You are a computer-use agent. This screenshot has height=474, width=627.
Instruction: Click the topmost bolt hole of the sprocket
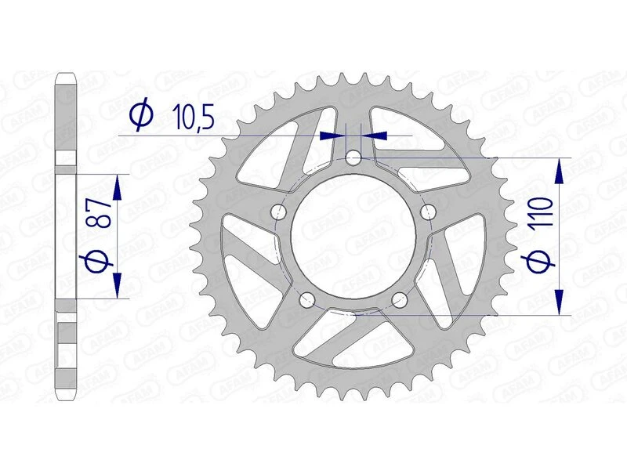[x=353, y=158]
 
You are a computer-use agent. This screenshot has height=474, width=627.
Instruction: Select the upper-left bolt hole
[x=277, y=212]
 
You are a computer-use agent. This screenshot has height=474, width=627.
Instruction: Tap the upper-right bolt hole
[x=428, y=212]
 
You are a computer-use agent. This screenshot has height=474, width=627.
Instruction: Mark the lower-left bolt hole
[x=306, y=299]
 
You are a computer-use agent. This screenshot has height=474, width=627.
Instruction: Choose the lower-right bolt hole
[x=400, y=299]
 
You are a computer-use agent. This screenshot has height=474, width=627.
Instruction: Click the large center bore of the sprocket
[x=353, y=235]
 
